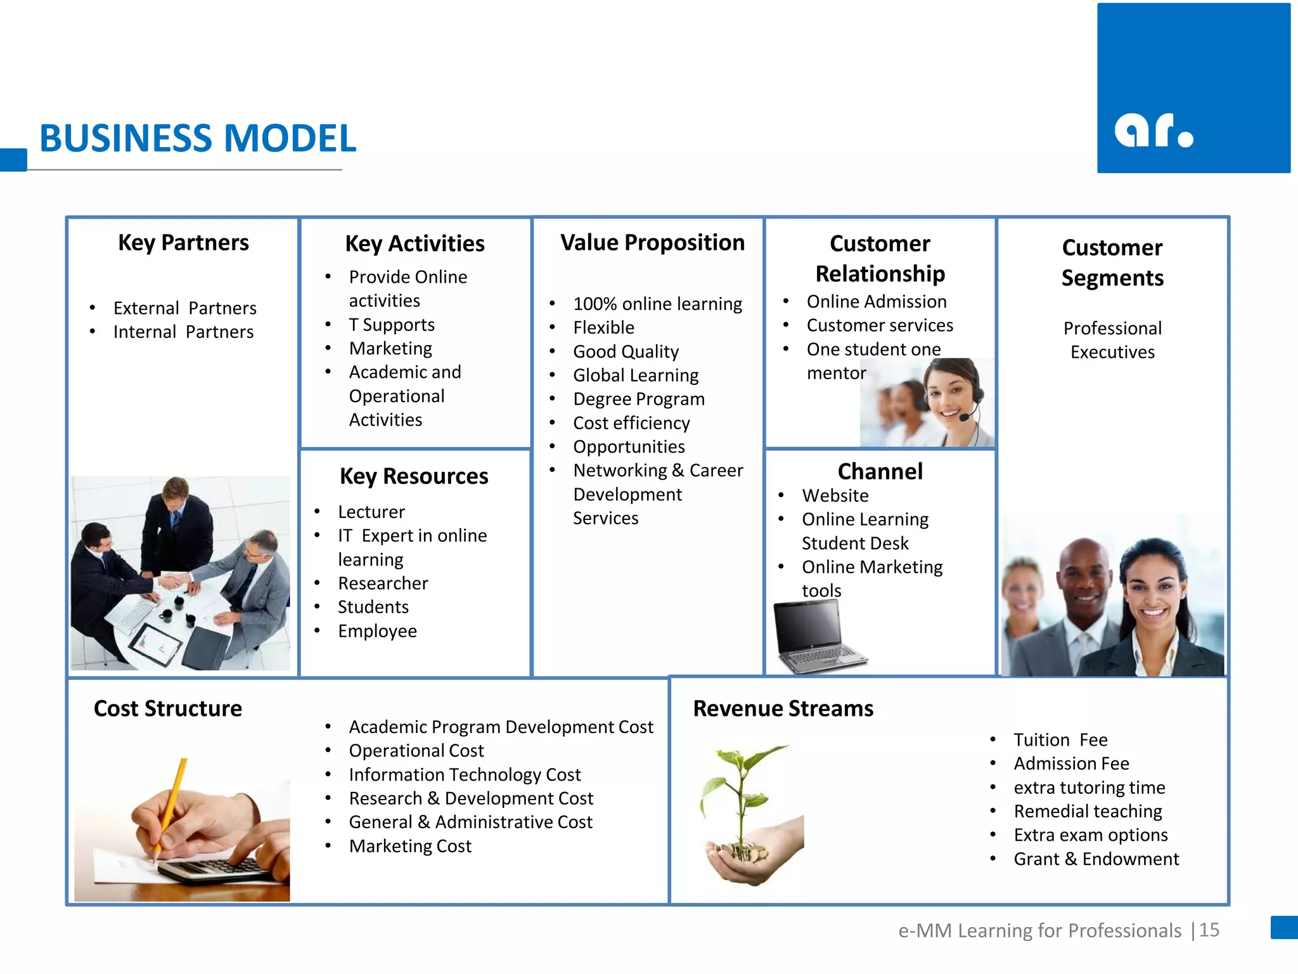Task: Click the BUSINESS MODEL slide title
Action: coord(198,138)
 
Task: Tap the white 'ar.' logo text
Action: coord(1153,131)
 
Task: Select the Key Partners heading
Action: coord(183,242)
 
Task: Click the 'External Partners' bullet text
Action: coord(184,308)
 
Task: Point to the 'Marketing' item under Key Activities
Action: coord(390,348)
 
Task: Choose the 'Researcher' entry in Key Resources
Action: coord(383,583)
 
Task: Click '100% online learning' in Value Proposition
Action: coord(657,304)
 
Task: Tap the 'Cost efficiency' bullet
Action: coord(631,423)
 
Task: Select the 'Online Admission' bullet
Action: coord(877,302)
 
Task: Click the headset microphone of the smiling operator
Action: coord(965,417)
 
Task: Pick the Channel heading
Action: coord(880,471)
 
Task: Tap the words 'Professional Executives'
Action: coord(1112,340)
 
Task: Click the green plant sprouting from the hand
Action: coord(742,793)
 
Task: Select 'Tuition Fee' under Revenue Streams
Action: coord(1060,740)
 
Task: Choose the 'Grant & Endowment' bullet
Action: coord(1096,859)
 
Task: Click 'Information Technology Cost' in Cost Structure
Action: coord(465,775)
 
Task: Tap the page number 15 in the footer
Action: coord(1209,930)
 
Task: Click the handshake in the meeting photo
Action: coord(174,581)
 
